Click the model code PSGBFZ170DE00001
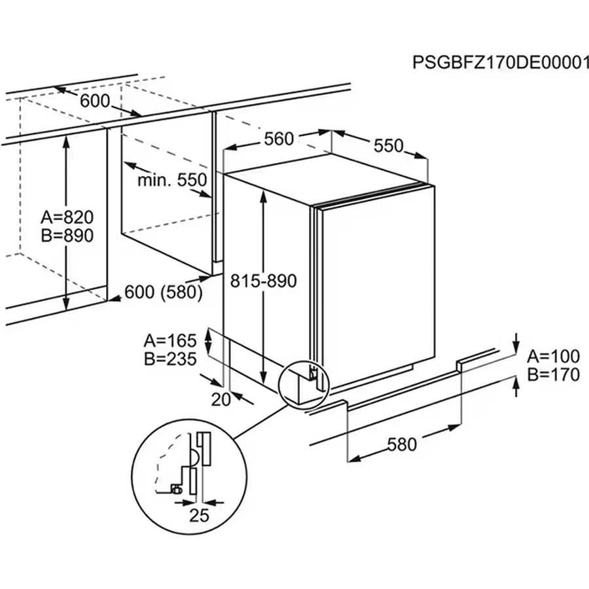[497, 62]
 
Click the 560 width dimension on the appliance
[279, 139]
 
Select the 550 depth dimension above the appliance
[388, 146]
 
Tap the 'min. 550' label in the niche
[172, 180]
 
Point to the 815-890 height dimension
[264, 281]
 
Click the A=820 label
[67, 217]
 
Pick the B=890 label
[67, 236]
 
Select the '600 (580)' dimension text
[163, 293]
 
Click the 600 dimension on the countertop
[96, 101]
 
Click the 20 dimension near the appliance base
[222, 399]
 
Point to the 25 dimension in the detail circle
[199, 515]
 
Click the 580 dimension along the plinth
[402, 445]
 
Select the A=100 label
[554, 357]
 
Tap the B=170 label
[554, 375]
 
